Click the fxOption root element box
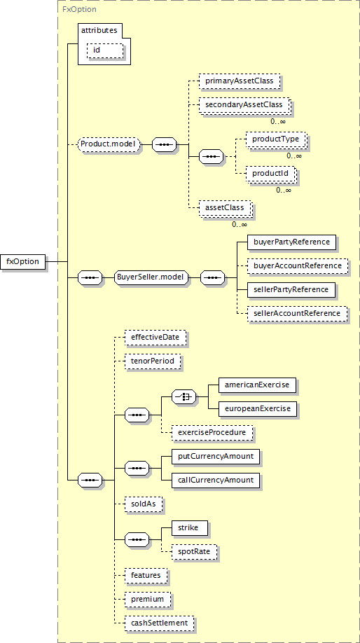pyautogui.click(x=22, y=261)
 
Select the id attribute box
pyautogui.click(x=104, y=50)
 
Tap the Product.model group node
pyautogui.click(x=109, y=144)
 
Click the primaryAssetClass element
pyautogui.click(x=239, y=82)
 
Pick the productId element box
pyautogui.click(x=270, y=174)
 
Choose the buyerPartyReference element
pyautogui.click(x=291, y=242)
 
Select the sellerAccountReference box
pyautogui.click(x=297, y=313)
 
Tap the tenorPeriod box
pyautogui.click(x=153, y=361)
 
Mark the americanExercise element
pyautogui.click(x=257, y=385)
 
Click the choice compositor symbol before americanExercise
pyautogui.click(x=184, y=396)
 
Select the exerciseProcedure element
pyautogui.click(x=212, y=432)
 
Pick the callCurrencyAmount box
pyautogui.click(x=216, y=480)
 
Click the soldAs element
pyautogui.click(x=144, y=504)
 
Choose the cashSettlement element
pyautogui.click(x=160, y=623)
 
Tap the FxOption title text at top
pyautogui.click(x=74, y=8)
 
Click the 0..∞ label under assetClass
pyautogui.click(x=240, y=224)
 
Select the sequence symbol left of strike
pyautogui.click(x=137, y=539)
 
